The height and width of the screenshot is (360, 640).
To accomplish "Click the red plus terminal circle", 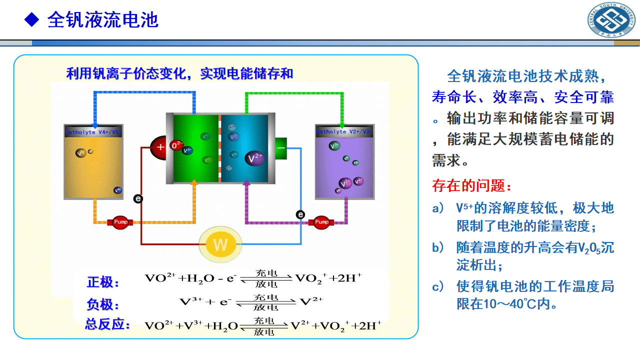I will coord(160,147).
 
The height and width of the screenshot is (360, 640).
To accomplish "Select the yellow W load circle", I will coord(220,244).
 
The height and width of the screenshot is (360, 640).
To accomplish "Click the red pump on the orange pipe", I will coord(120,222).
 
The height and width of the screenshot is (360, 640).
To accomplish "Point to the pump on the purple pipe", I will coord(321,222).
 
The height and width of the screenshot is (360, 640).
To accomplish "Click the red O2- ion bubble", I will coord(176,145).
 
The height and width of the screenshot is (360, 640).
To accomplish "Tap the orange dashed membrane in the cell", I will coord(219,148).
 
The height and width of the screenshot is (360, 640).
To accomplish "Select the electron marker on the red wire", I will coord(138,199).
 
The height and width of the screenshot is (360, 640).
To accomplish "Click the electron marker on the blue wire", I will coord(300,214).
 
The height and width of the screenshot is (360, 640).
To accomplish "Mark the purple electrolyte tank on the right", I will coord(344,162).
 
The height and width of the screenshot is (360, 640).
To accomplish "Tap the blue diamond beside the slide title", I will coord(32,19).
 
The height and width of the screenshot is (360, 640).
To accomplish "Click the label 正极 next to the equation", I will coord(103,282).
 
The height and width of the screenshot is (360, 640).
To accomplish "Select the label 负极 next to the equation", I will coord(103,304).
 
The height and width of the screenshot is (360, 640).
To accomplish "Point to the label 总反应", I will coord(107,324).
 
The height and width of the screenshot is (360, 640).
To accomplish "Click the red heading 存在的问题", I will coord(471,186).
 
